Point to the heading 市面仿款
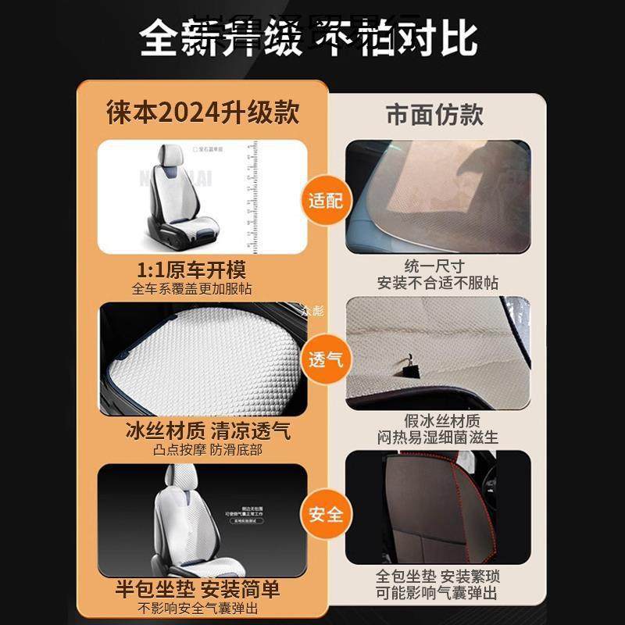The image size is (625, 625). (x=435, y=114)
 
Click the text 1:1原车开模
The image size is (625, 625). (x=191, y=270)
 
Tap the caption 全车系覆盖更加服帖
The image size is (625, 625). (x=191, y=288)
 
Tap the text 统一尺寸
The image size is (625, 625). (x=435, y=266)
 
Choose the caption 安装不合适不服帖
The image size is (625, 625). (x=437, y=283)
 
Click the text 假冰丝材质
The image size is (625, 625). (x=436, y=420)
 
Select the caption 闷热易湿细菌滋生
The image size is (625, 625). (x=437, y=437)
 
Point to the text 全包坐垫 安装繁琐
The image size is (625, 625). (x=437, y=577)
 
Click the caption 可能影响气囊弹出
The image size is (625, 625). (x=437, y=595)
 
